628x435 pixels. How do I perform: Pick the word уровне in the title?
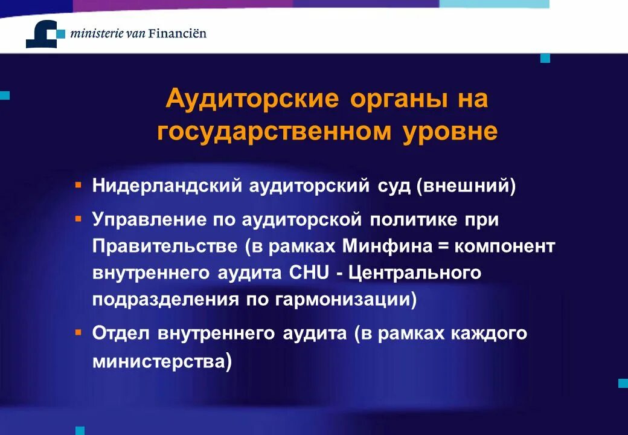(450, 132)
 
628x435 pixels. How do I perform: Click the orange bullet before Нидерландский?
(78, 182)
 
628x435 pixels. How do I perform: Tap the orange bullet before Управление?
(78, 216)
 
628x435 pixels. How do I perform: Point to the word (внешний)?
(466, 185)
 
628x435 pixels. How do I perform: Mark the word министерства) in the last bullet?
(162, 362)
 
